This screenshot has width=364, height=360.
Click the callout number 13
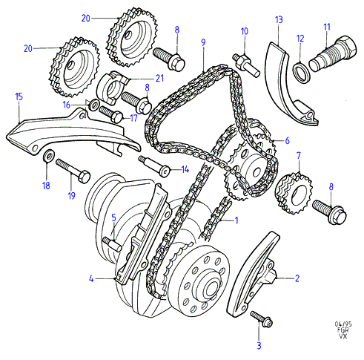279,19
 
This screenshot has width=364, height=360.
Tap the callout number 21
159,78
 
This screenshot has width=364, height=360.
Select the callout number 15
19,96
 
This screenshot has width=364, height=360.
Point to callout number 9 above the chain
203,42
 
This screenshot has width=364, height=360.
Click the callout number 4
91,279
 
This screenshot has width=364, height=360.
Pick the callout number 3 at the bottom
259,345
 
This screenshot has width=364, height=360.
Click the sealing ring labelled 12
301,73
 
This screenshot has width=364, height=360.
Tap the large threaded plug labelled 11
333,53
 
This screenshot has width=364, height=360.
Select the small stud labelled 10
246,65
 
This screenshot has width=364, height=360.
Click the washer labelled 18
48,156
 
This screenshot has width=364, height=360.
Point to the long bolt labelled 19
73,171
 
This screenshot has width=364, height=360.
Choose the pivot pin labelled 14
155,166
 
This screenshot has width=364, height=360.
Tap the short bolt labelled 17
111,114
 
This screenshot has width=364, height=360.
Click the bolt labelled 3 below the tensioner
261,319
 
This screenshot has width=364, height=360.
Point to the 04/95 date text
343,324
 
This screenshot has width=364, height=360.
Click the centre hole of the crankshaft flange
212,288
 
